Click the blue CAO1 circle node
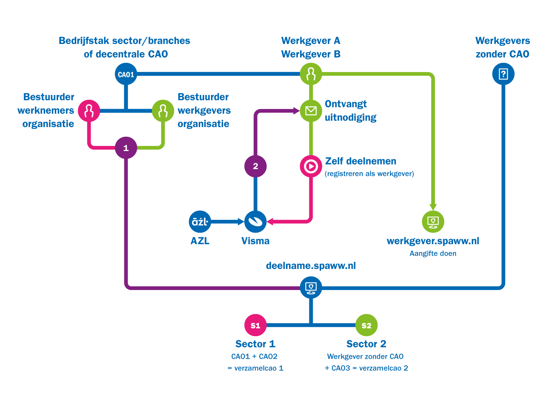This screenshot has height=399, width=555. [x=126, y=74]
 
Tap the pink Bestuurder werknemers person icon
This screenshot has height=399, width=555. [x=89, y=111]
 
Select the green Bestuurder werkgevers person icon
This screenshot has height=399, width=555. [x=163, y=111]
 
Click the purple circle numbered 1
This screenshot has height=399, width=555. [x=126, y=148]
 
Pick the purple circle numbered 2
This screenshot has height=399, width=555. [x=255, y=166]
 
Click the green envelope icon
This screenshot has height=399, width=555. [x=311, y=110]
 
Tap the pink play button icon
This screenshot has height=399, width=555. [x=311, y=167]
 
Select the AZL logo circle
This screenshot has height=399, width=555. [x=200, y=222]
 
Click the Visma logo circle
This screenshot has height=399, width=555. [x=255, y=222]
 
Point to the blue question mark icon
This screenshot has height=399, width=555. [x=503, y=74]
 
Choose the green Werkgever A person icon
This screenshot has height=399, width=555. [x=311, y=74]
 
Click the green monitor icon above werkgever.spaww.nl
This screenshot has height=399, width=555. [x=433, y=222]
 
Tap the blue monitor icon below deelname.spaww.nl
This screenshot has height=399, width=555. [x=311, y=288]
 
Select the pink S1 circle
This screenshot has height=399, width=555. [x=255, y=325]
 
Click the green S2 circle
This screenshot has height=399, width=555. [x=366, y=325]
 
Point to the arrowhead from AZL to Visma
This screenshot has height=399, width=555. [x=240, y=222]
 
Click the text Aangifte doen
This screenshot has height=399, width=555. [x=433, y=253]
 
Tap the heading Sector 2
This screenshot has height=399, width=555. [x=366, y=344]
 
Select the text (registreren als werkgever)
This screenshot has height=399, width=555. [x=369, y=174]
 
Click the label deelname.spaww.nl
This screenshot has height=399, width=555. [x=311, y=266]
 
